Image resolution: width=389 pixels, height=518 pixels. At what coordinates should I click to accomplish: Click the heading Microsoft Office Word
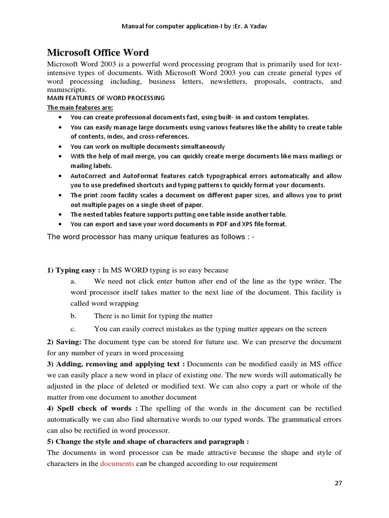coord(98,53)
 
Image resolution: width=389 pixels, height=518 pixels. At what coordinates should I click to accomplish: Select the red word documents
coord(117,463)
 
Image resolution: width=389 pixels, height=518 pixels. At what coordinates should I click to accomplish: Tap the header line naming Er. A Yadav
coord(194,26)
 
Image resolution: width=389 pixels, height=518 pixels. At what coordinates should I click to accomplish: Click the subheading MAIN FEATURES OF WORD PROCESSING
coord(106,98)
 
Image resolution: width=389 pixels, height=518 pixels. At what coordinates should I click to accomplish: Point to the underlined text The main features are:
coord(80,107)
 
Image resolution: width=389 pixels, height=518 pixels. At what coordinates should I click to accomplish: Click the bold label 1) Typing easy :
coord(73,270)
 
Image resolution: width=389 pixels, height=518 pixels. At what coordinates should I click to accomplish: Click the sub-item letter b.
coord(73,316)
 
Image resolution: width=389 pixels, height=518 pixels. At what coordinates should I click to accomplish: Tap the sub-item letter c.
coord(73,329)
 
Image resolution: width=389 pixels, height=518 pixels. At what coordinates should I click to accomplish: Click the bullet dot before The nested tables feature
coord(61,214)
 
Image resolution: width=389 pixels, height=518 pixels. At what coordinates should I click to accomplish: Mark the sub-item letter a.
coord(73,281)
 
